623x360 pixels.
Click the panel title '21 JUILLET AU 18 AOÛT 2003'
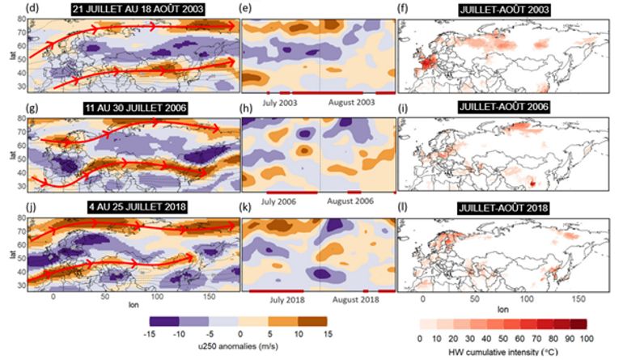[136, 9]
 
